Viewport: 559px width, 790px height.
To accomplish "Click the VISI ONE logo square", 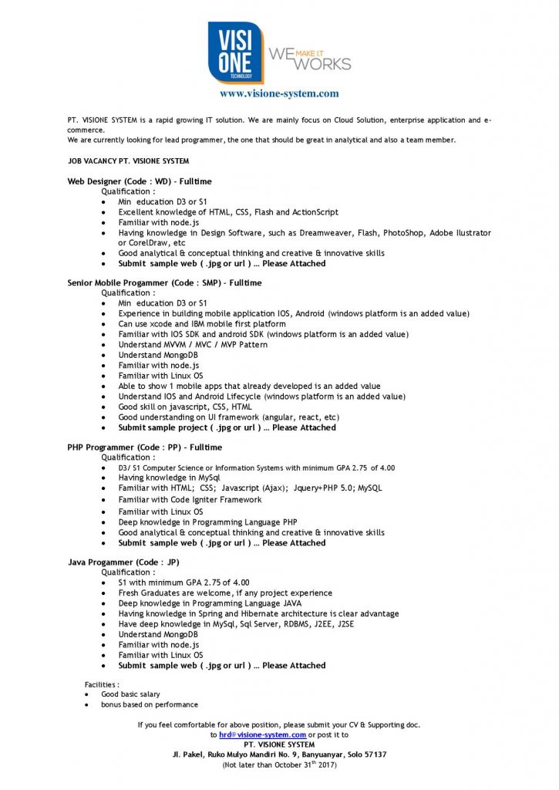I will click(x=235, y=52).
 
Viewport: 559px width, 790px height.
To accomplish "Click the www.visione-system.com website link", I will click(x=278, y=93).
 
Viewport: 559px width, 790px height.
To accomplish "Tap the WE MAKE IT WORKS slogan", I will click(x=308, y=57).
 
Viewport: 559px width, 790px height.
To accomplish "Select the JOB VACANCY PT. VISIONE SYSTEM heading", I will click(x=128, y=161).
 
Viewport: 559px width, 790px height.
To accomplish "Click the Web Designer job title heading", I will click(x=140, y=181).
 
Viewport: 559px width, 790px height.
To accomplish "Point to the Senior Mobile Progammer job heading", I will click(x=164, y=283).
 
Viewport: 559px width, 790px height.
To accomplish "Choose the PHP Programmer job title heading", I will click(x=144, y=447).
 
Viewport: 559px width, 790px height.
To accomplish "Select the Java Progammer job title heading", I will click(x=123, y=562).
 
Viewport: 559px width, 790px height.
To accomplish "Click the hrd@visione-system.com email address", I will click(x=263, y=734).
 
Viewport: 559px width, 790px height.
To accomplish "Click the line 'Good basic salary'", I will click(x=130, y=694).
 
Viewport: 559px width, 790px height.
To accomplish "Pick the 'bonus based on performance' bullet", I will click(x=150, y=704).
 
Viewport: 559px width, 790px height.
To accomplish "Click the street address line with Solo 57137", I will click(x=279, y=755).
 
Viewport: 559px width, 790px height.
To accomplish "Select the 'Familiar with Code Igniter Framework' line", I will click(x=190, y=500).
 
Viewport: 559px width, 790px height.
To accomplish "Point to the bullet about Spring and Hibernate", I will click(x=258, y=614).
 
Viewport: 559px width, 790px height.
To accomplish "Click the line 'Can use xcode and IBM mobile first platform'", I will click(x=202, y=324).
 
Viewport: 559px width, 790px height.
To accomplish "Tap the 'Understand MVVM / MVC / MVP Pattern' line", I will click(x=193, y=345).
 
